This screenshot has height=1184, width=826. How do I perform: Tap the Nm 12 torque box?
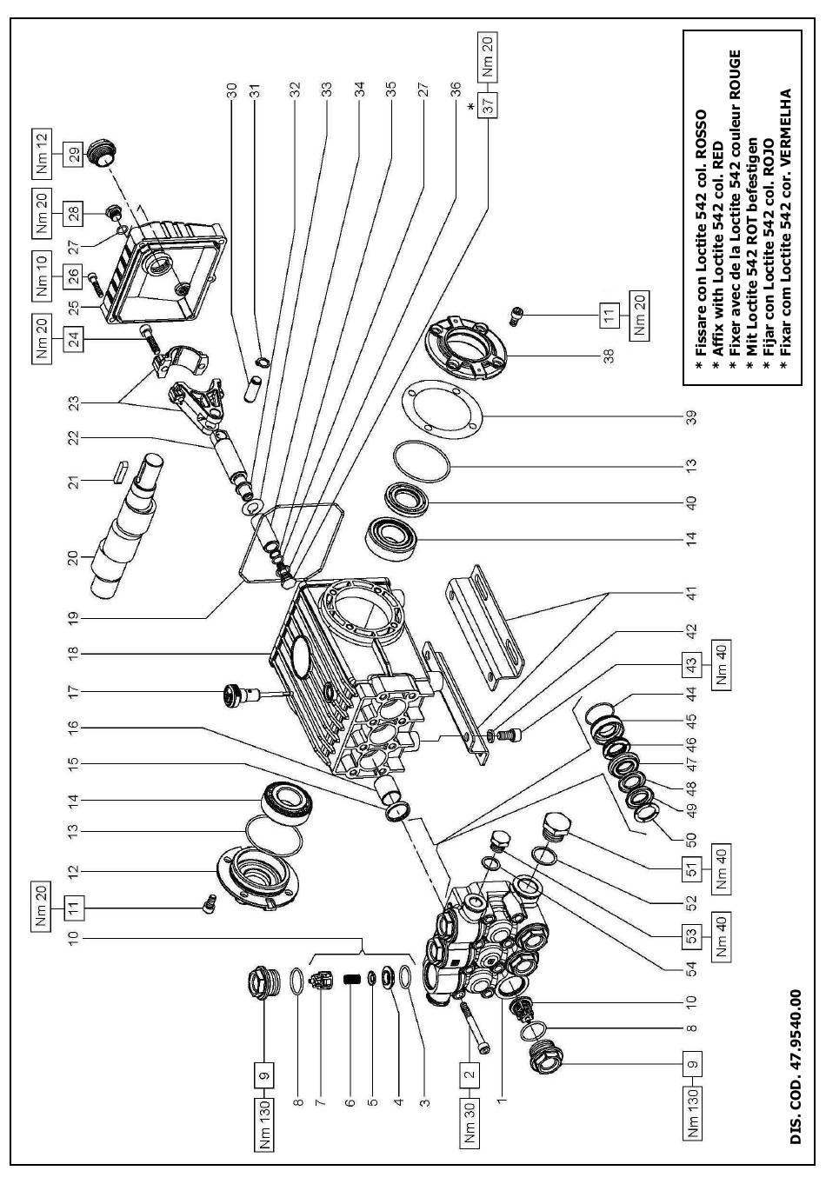[42, 150]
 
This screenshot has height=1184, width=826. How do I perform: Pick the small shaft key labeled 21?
[118, 469]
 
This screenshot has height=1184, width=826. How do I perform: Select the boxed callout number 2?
[470, 1073]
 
